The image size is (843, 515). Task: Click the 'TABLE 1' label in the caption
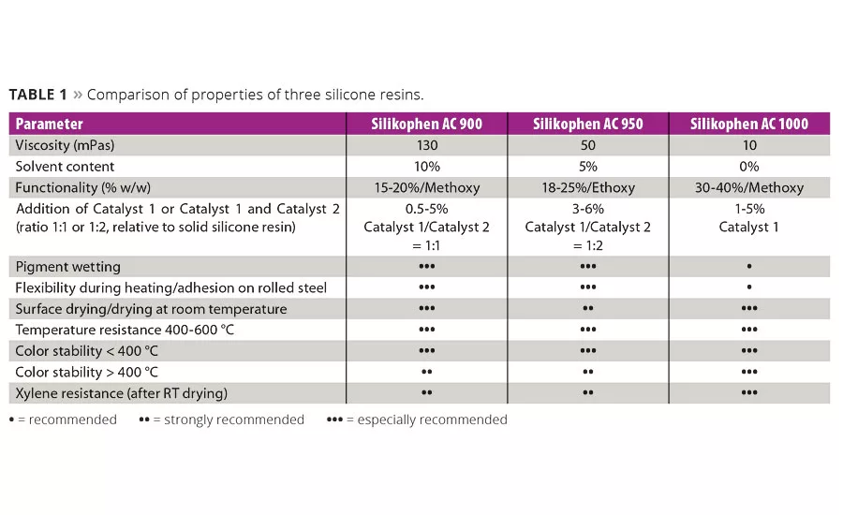click(37, 95)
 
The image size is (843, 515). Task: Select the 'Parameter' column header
click(50, 124)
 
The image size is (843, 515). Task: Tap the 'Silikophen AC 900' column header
click(427, 124)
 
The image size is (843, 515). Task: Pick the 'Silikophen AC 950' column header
click(587, 124)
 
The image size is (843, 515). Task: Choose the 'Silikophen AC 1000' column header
click(748, 124)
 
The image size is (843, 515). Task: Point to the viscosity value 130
click(427, 145)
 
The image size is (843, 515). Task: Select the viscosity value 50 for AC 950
click(587, 145)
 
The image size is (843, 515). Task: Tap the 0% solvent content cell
click(748, 166)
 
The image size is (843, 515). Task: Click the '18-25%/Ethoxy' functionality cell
click(587, 187)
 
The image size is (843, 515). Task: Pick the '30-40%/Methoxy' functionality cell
click(748, 187)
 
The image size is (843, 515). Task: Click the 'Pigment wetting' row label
click(68, 267)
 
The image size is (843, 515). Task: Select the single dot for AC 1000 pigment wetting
click(748, 267)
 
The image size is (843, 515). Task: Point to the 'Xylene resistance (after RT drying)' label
click(122, 392)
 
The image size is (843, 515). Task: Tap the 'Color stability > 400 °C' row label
click(87, 372)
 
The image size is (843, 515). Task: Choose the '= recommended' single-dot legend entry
click(63, 419)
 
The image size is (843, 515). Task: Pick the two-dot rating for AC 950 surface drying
click(587, 309)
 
